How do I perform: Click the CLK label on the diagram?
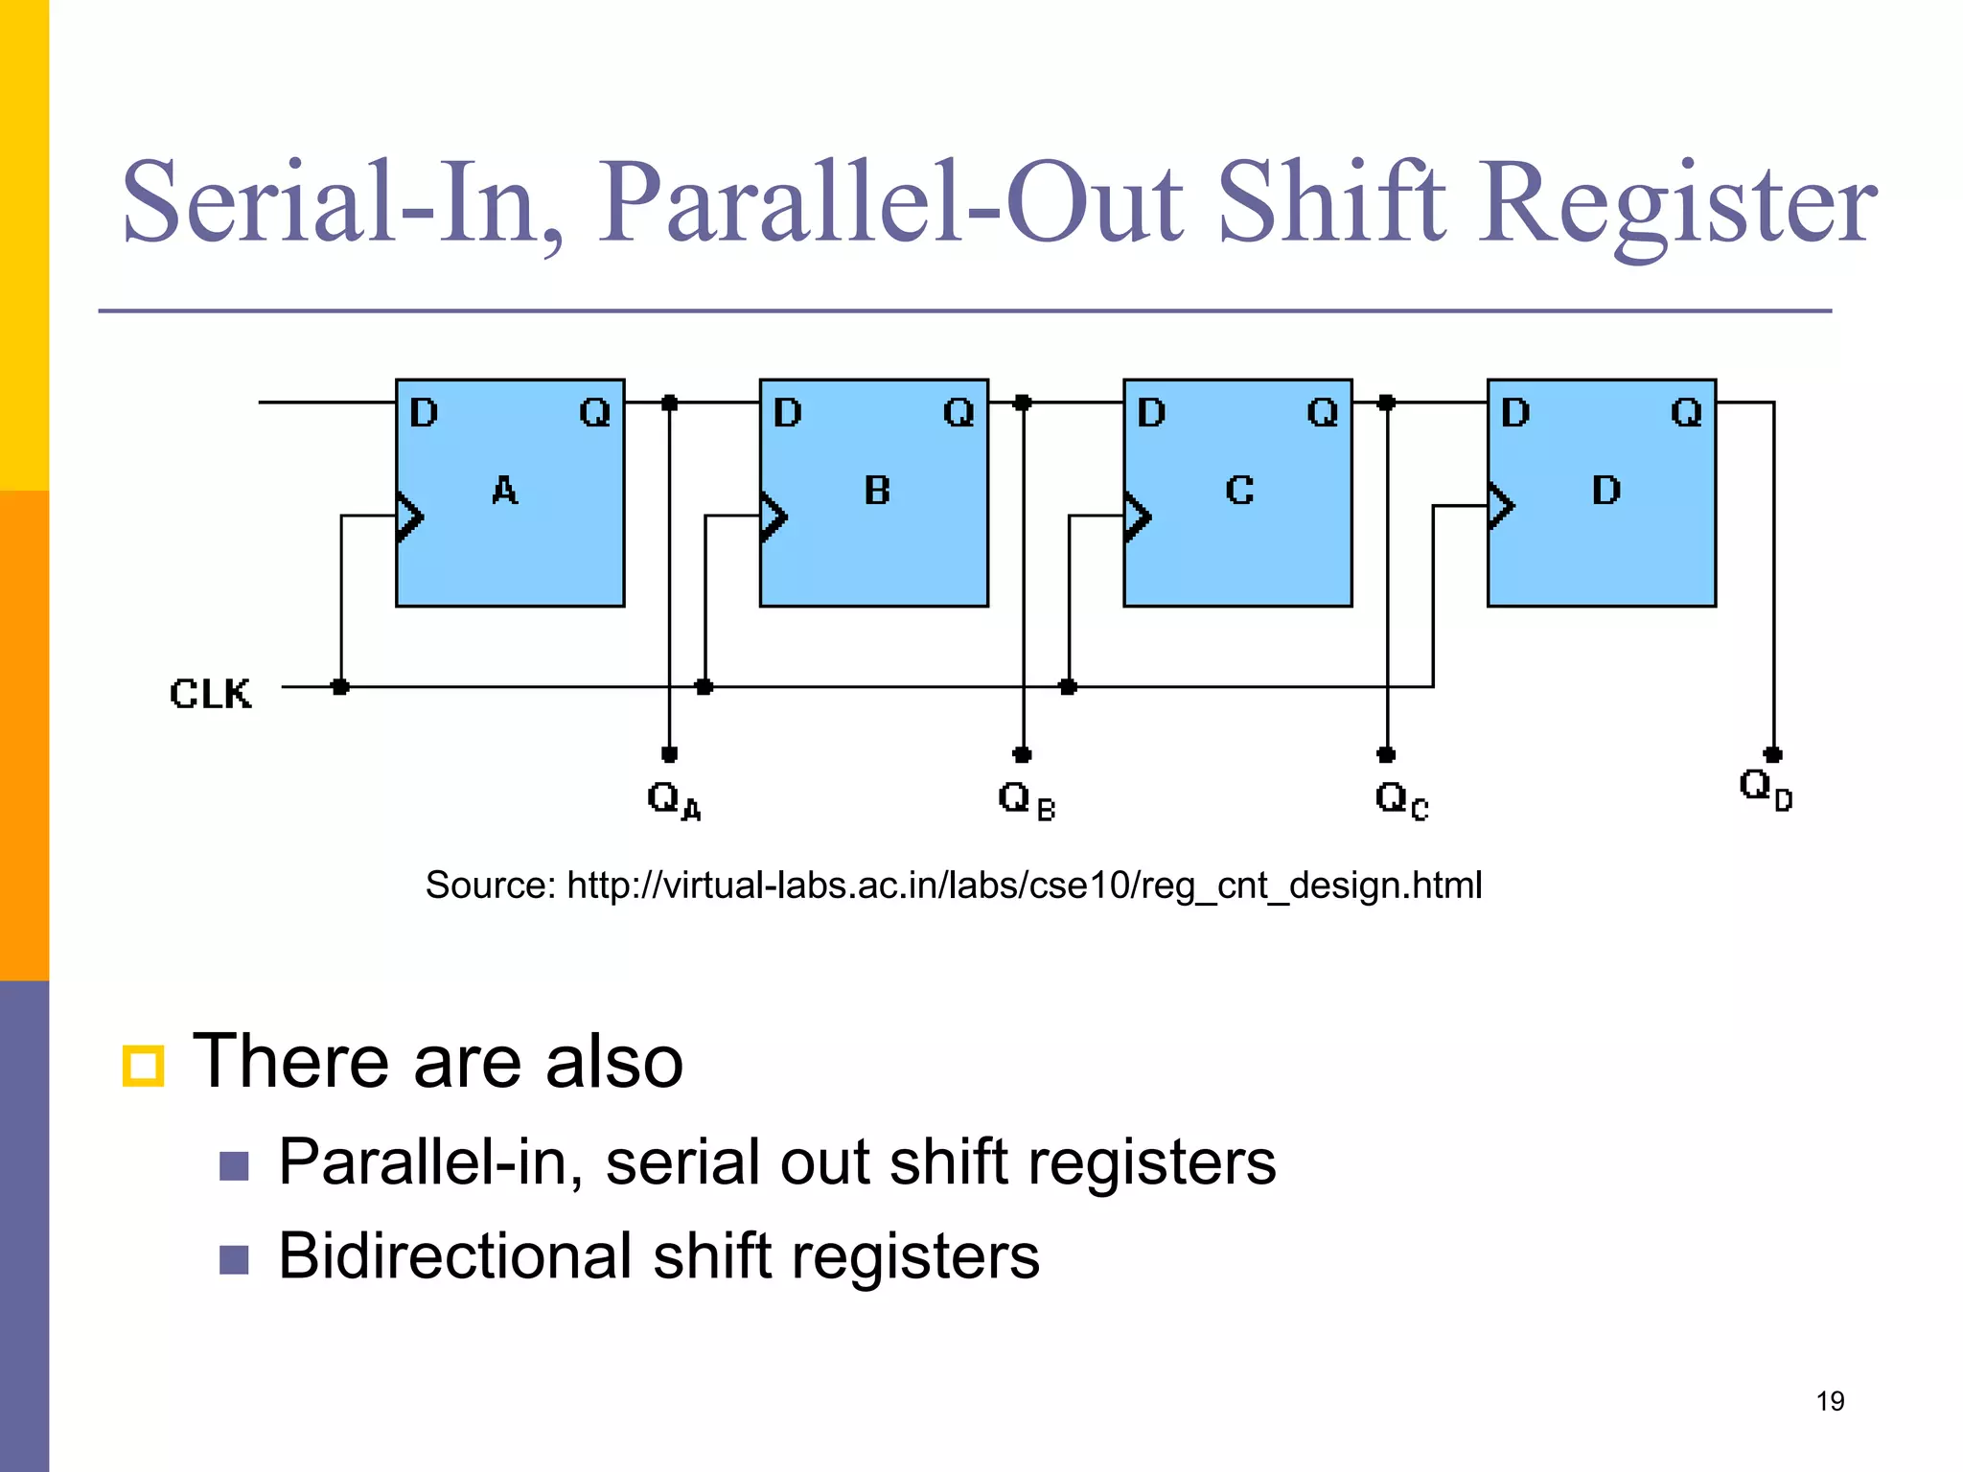coord(210,693)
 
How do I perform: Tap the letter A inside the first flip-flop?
coord(505,491)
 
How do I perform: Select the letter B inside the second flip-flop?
coord(877,491)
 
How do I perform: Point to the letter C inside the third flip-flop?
coord(1239,491)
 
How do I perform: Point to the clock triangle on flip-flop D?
coord(1501,506)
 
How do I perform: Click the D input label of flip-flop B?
coord(787,413)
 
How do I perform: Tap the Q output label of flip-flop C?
coord(1323,413)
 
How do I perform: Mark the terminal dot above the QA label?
coord(670,754)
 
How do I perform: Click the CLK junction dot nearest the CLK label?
coord(340,687)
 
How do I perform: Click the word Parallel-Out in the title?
coord(890,203)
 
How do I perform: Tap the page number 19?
coord(1830,1401)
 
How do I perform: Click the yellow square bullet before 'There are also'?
coord(144,1066)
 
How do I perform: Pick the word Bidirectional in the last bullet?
coord(455,1255)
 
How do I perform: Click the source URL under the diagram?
coord(1024,885)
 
